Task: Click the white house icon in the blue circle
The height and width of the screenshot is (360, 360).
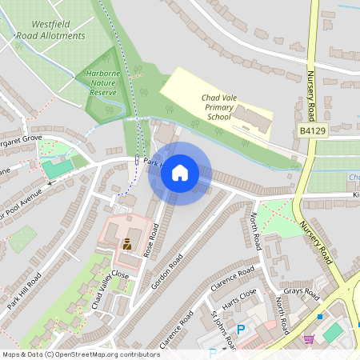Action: tap(180, 173)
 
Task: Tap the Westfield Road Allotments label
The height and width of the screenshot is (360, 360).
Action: tap(50, 30)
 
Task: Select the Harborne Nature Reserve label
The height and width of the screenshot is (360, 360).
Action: tap(102, 83)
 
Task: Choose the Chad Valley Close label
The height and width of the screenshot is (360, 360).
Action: tap(110, 289)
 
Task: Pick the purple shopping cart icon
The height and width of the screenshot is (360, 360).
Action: tap(308, 339)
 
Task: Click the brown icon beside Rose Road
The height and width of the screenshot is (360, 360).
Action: tap(127, 243)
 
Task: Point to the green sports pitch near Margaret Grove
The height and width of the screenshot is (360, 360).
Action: tap(54, 169)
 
